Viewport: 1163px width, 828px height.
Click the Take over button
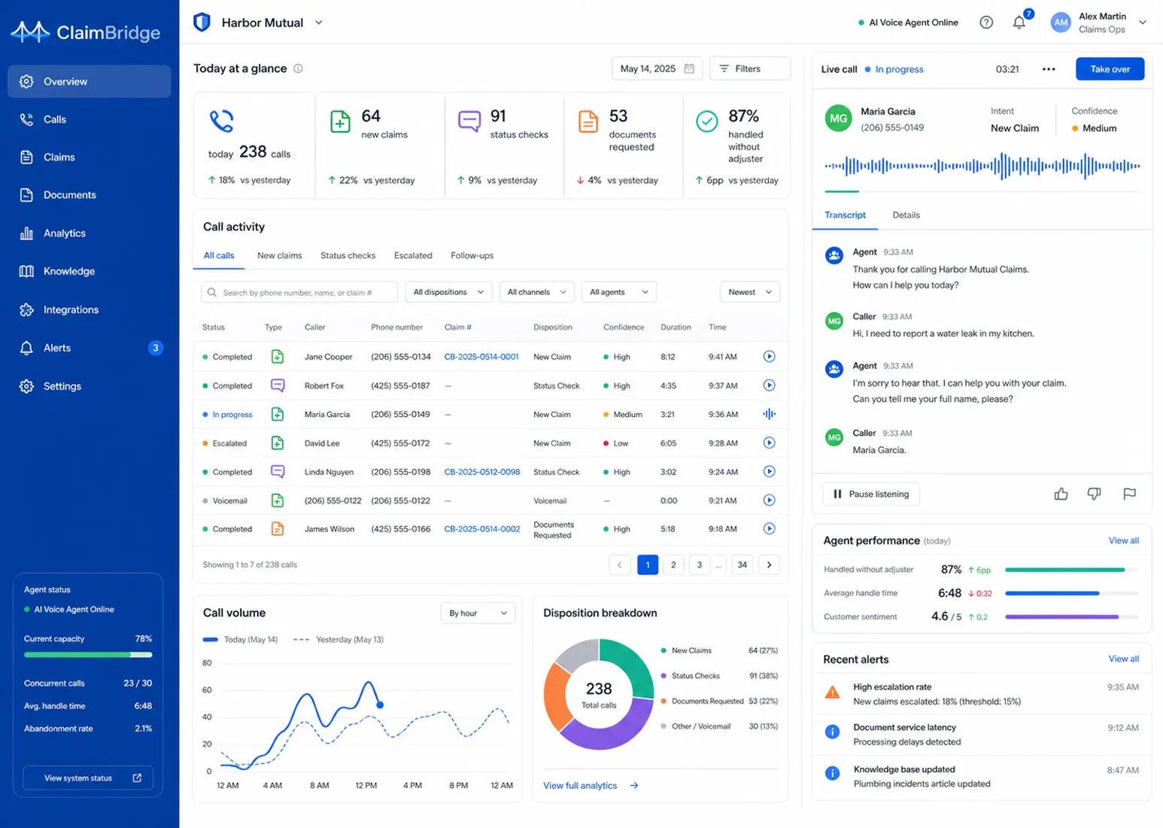pos(1110,69)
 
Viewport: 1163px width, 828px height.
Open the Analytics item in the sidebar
pos(65,233)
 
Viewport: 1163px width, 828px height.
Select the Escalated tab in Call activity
pos(413,256)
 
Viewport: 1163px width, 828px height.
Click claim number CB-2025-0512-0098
pos(481,472)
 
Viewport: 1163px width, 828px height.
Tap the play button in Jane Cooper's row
pos(769,356)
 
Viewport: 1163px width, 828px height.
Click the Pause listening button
pos(870,494)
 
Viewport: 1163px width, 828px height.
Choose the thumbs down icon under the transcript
pos(1094,494)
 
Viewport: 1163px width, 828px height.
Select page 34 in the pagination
pos(742,565)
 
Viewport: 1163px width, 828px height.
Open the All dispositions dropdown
pos(448,292)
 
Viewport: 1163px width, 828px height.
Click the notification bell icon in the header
pos(1019,23)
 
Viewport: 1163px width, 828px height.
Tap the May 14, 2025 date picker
pos(657,68)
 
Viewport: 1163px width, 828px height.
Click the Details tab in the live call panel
pos(906,215)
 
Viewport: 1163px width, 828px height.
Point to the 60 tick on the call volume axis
pos(207,689)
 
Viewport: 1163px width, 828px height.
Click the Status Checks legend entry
pos(695,676)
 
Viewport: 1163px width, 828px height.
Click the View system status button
pos(88,778)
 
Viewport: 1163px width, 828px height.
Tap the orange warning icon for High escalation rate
pos(832,693)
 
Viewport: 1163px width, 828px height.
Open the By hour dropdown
pos(478,613)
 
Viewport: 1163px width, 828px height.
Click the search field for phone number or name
pos(299,292)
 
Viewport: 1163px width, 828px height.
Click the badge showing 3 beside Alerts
pos(155,348)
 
